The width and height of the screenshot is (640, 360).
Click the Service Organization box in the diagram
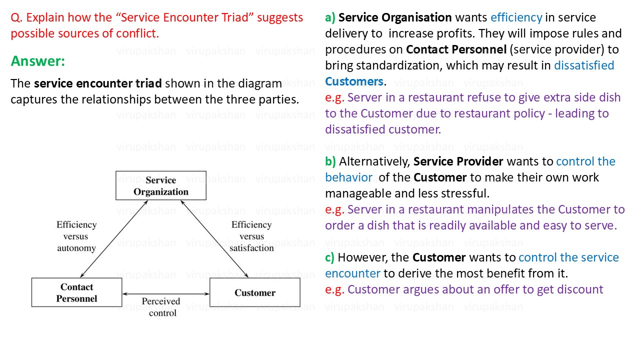click(x=161, y=185)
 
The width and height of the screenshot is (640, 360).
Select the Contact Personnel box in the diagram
click(x=76, y=292)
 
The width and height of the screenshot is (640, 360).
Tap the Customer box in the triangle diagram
click(x=255, y=292)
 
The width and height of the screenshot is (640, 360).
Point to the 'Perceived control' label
click(x=161, y=307)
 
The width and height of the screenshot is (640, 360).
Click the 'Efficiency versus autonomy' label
click(x=76, y=236)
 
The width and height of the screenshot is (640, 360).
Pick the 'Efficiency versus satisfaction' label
click(x=251, y=236)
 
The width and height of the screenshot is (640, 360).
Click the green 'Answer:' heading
click(x=38, y=61)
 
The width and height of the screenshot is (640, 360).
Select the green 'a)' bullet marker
click(x=330, y=17)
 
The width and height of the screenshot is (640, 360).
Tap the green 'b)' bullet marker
click(x=330, y=161)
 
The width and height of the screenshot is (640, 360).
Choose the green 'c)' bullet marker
click(x=329, y=257)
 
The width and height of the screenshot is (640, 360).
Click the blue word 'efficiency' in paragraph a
click(x=516, y=17)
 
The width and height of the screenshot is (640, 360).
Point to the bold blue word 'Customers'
click(x=354, y=81)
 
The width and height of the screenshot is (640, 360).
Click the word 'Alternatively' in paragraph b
click(x=374, y=162)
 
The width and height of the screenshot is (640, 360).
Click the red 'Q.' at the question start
click(x=16, y=17)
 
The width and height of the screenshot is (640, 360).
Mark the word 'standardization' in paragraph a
click(x=399, y=65)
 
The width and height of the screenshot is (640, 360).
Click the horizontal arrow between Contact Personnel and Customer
click(x=166, y=293)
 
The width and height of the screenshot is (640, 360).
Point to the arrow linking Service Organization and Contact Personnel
click(x=114, y=239)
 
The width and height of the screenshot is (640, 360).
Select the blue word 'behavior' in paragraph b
click(x=349, y=177)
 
